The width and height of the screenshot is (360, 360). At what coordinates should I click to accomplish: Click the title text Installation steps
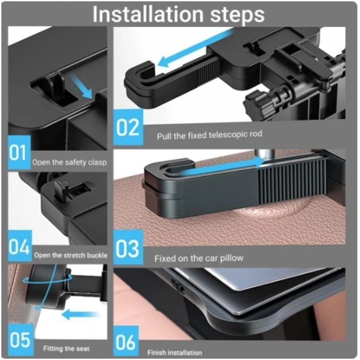point(178,14)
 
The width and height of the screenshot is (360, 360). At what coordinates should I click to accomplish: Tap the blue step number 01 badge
point(19,152)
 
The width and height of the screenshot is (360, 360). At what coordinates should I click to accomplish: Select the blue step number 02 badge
point(128,127)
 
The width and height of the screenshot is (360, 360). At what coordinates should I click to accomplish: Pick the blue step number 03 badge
point(128,247)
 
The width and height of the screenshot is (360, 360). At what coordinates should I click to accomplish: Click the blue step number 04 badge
point(20,246)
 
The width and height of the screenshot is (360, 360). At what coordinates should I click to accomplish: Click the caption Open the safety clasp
point(69,163)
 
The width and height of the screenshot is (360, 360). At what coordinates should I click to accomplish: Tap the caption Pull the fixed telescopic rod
point(209,135)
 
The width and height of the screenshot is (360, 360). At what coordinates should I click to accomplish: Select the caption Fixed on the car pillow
point(199,259)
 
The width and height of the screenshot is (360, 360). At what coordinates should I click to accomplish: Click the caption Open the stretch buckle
point(71,255)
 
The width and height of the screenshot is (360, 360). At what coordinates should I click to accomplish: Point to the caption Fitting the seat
point(67,348)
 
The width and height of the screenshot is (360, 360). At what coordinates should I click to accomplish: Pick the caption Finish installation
point(175,352)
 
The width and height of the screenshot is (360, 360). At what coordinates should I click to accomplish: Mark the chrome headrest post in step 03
point(266,155)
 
